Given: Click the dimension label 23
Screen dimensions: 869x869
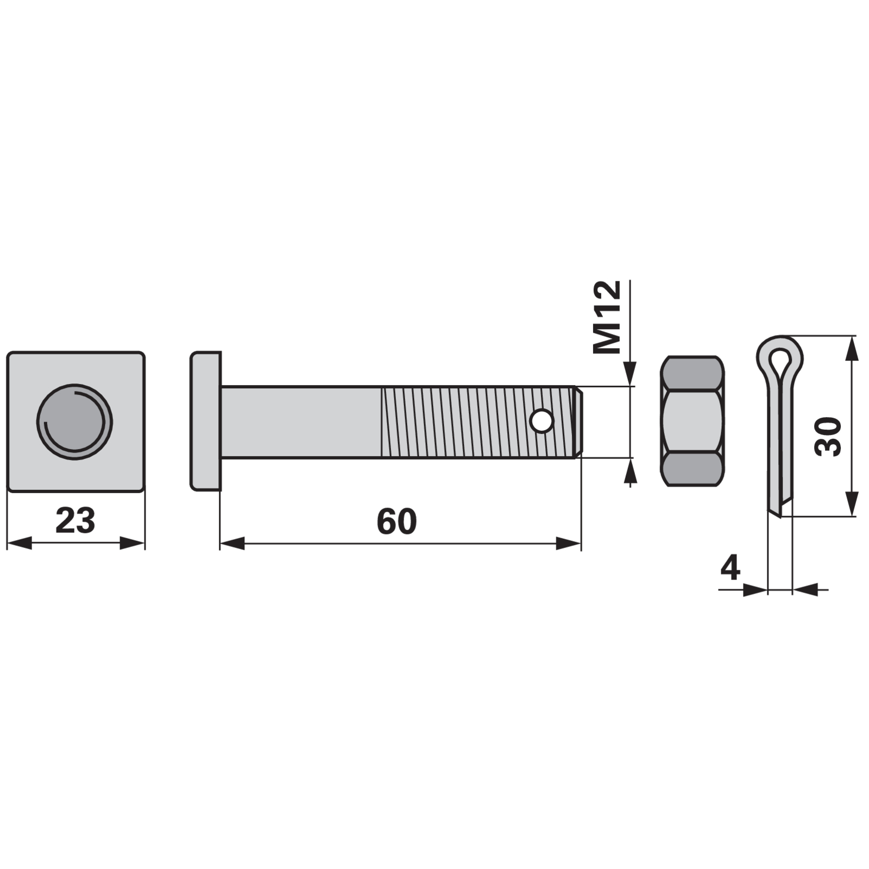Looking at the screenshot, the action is point(75,520).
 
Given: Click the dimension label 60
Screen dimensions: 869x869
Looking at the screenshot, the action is point(397,521).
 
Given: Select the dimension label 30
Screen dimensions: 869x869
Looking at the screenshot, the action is point(828,437).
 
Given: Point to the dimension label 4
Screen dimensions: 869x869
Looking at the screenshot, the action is point(731,569).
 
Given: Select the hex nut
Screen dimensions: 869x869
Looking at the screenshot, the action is point(692,421).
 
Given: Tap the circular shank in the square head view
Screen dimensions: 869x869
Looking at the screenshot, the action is point(75,421).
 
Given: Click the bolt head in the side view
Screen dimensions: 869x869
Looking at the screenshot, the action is point(206,421).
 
